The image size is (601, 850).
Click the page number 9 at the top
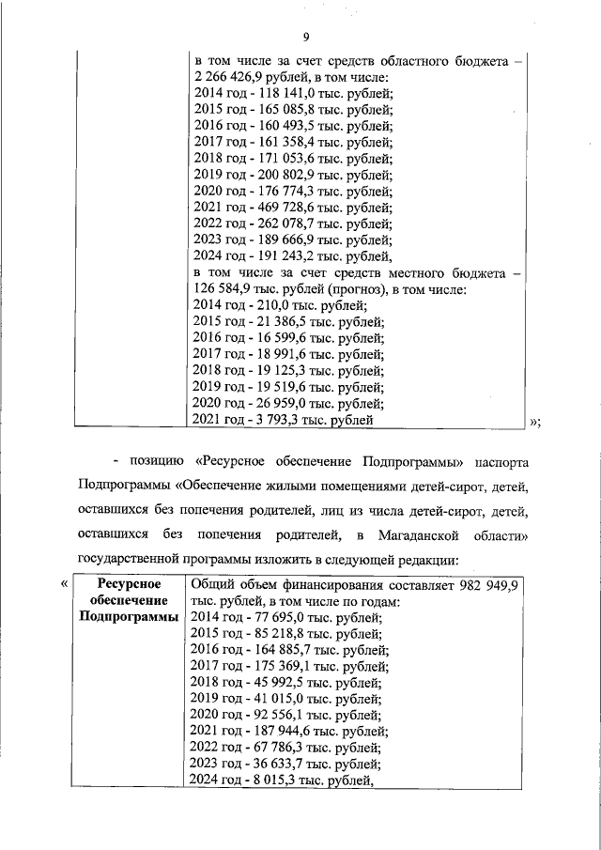(306, 37)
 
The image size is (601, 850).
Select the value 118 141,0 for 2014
(279, 94)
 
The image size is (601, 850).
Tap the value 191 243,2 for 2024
(279, 255)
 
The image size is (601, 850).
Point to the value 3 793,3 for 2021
(271, 420)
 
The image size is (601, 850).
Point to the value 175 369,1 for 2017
(279, 666)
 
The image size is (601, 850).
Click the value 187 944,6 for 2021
(279, 731)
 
